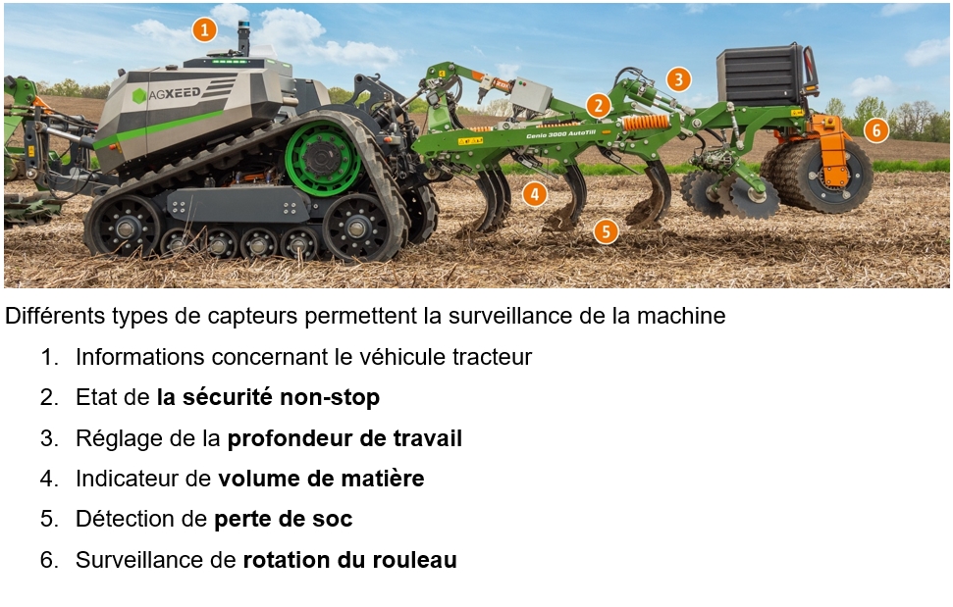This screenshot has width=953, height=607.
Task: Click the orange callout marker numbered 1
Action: [x=205, y=29]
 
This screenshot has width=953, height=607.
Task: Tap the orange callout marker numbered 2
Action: [x=599, y=106]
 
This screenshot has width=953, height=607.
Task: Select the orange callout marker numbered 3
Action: [x=678, y=79]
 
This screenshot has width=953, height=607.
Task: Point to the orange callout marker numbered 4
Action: [x=534, y=194]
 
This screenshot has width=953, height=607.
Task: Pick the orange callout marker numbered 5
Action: [x=606, y=231]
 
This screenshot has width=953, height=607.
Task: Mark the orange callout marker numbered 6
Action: [x=876, y=129]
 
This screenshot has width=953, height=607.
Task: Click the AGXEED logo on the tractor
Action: [x=166, y=94]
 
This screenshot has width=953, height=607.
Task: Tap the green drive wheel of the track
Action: [x=322, y=159]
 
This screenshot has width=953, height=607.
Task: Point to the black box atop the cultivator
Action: [x=761, y=76]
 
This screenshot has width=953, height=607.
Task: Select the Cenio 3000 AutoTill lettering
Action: [x=560, y=134]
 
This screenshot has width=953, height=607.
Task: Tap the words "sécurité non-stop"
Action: [x=282, y=397]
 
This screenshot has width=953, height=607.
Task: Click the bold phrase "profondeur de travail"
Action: [x=344, y=438]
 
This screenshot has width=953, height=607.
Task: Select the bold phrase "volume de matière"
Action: [x=321, y=479]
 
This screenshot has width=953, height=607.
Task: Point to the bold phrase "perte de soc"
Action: [x=284, y=519]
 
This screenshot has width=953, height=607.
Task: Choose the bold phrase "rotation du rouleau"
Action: [x=349, y=560]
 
